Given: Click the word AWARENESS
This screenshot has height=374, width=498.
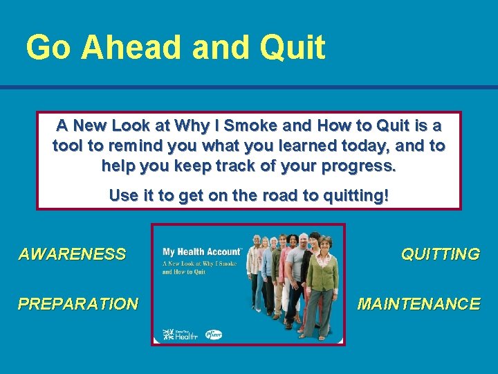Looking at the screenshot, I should click(72, 254).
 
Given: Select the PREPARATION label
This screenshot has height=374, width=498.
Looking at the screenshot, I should click(77, 304).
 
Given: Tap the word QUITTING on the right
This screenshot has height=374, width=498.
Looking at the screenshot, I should click(440, 254).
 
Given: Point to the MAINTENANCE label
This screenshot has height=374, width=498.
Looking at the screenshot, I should click(418, 304).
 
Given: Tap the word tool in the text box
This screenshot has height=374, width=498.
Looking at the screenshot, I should click(67, 146).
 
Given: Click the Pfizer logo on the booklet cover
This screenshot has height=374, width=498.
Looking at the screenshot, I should click(213, 335).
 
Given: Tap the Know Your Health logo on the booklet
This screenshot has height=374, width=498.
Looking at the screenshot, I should click(180, 335).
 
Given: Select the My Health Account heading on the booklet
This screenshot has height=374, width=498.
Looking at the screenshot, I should click(201, 252).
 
